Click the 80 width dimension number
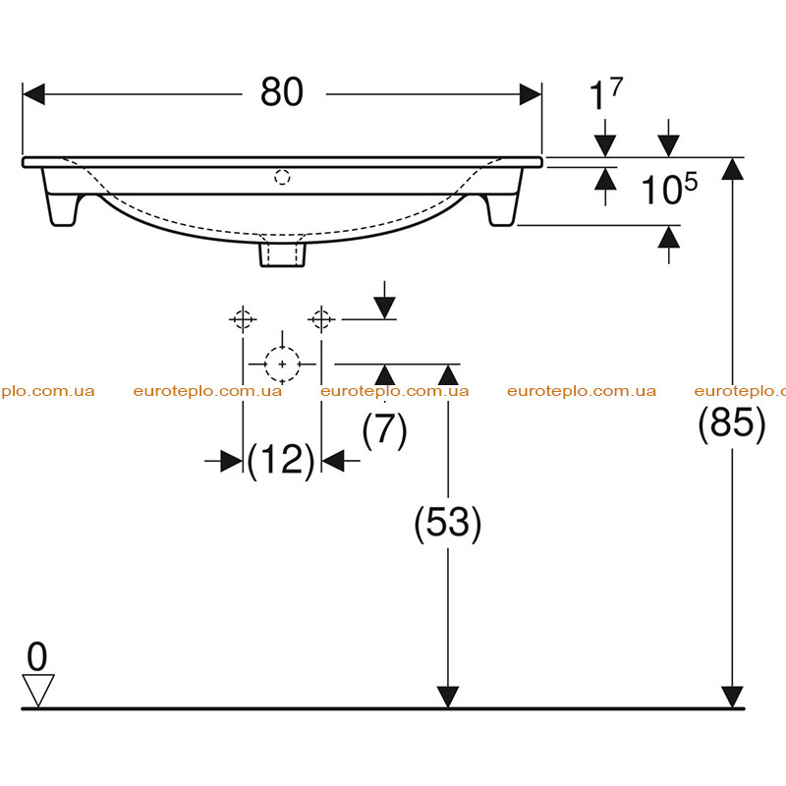tap(282, 92)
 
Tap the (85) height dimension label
tap(732, 423)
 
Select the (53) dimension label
tap(448, 524)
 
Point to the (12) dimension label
tap(281, 460)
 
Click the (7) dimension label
tap(384, 429)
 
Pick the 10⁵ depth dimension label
tap(669, 189)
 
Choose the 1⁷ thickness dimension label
tap(606, 93)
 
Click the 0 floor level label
tap(37, 656)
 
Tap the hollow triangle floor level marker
tap(38, 691)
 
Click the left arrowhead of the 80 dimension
tap(33, 94)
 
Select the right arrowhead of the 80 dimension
tap(531, 94)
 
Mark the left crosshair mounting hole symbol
tap(243, 318)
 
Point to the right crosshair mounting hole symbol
tap(321, 318)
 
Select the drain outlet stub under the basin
tap(282, 254)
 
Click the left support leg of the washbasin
tap(62, 209)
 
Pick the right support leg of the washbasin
tap(503, 209)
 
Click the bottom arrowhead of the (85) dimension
tap(732, 698)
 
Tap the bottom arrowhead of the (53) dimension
tap(448, 698)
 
